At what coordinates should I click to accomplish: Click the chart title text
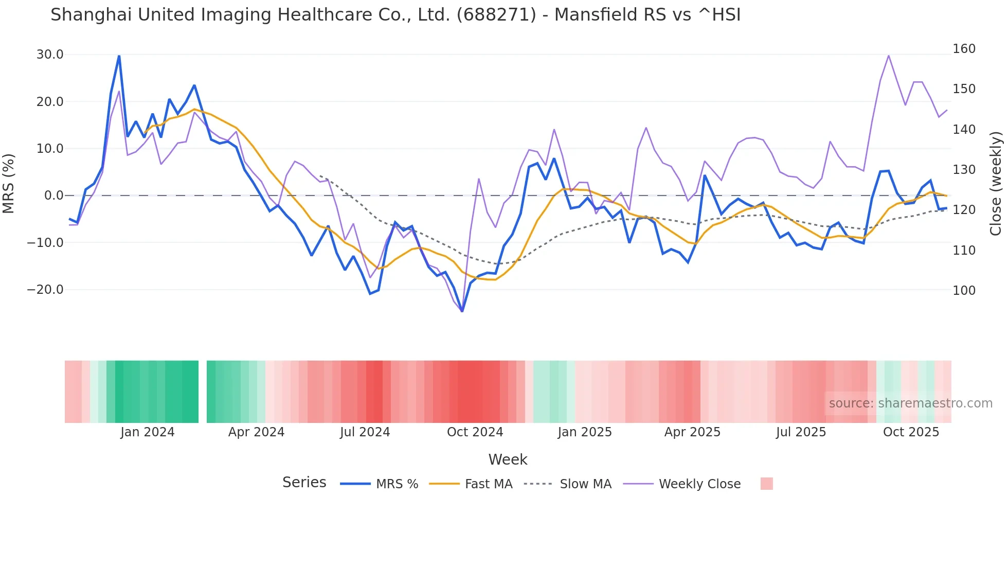[395, 14]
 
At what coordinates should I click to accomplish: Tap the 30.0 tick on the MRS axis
[50, 55]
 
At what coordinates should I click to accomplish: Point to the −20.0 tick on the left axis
[46, 290]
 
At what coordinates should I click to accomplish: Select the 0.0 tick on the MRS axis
[53, 196]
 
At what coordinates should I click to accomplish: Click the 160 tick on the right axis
[964, 49]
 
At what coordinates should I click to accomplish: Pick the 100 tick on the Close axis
[964, 291]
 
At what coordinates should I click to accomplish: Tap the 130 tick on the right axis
[964, 170]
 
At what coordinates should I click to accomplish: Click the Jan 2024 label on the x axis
[148, 432]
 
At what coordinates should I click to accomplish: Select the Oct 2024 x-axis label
[475, 432]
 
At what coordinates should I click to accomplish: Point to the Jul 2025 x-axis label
[801, 432]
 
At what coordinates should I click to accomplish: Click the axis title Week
[508, 459]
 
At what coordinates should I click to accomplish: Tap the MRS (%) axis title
[9, 183]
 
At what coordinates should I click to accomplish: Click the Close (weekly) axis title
[996, 184]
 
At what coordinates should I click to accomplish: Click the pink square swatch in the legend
[766, 484]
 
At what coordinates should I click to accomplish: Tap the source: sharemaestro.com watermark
[910, 403]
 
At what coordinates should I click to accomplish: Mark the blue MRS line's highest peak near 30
[119, 56]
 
